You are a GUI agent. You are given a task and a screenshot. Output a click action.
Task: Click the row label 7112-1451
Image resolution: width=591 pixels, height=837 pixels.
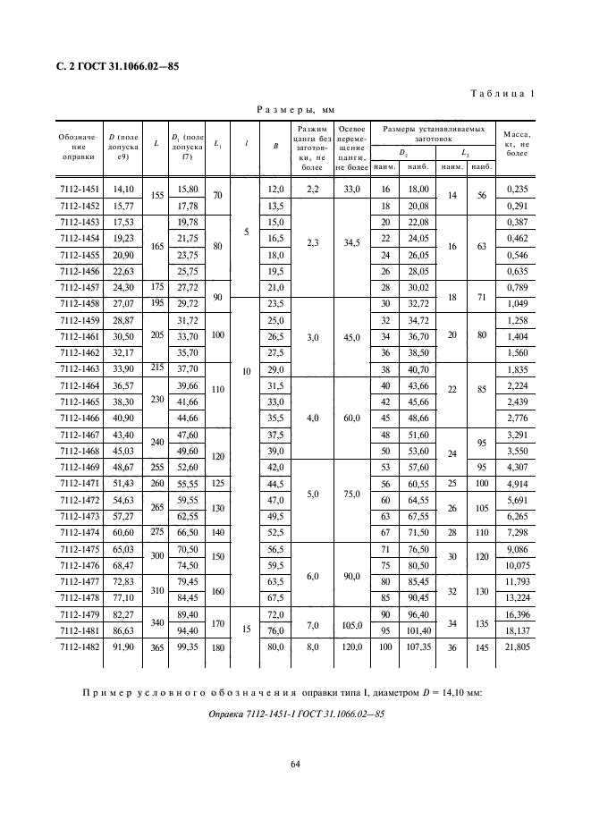pos(79,190)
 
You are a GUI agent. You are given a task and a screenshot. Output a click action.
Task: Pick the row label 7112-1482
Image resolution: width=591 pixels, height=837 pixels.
pos(79,646)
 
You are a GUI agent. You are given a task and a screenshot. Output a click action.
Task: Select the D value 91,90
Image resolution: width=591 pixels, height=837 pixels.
pos(122,646)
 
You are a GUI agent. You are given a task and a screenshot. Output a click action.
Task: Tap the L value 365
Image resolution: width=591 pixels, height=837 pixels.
pos(157,646)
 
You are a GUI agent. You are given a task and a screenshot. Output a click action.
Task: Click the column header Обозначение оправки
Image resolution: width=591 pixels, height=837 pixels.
pos(79,146)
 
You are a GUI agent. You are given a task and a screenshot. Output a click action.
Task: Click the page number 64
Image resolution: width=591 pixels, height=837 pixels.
pos(295,763)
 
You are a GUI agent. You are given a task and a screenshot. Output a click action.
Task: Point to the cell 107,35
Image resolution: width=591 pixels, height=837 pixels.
pos(417,646)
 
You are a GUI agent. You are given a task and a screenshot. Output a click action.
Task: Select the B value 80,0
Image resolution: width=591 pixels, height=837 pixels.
pos(274,646)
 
